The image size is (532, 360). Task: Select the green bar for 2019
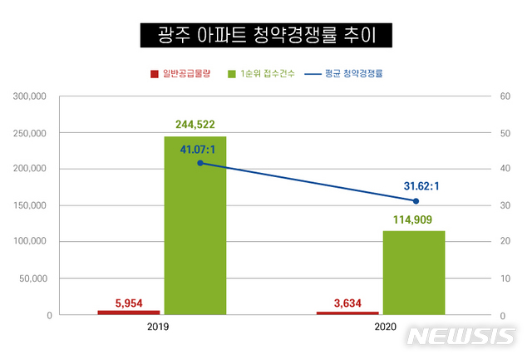pos(195,224)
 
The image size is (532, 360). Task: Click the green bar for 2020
pos(414,272)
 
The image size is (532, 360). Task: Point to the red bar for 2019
pos(129,312)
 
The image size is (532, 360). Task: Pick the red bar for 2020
pos(347,313)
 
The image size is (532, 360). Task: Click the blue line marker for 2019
pos(200,163)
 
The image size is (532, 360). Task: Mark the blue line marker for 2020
pos(416,200)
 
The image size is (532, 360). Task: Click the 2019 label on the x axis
pos(157,329)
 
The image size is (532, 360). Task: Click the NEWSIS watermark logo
pos(461,337)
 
